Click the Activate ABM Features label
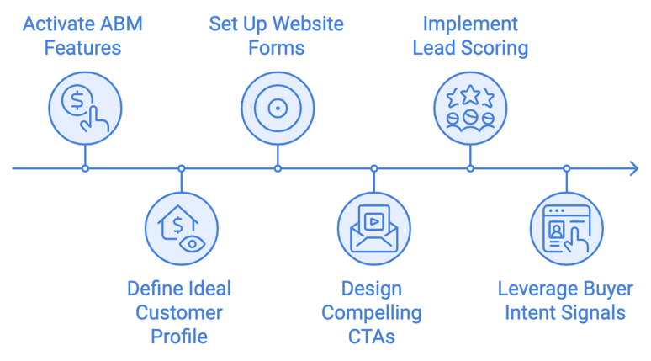point(83,35)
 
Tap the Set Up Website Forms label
point(277,35)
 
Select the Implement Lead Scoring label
point(470,35)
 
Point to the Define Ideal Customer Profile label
point(179,312)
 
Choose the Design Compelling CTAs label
point(372,312)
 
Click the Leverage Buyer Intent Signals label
point(565,300)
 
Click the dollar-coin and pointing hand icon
point(84,108)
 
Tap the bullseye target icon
point(278,108)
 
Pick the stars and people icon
point(470,108)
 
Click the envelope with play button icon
point(373,228)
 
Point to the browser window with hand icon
point(566,228)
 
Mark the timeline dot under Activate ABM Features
point(85,168)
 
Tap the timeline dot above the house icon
point(181,168)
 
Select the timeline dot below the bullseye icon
point(278,168)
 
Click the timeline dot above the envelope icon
point(373,168)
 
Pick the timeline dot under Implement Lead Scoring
point(470,168)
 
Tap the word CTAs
point(372,337)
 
